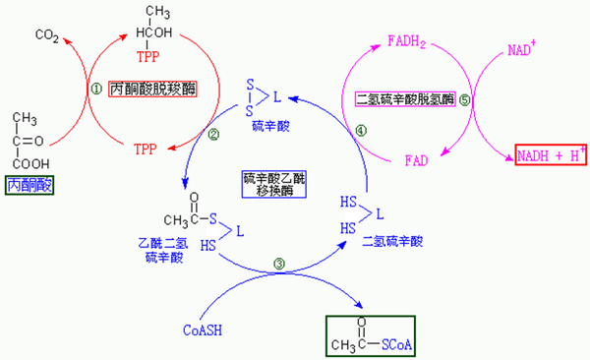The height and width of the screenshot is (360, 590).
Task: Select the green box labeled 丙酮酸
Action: point(31,184)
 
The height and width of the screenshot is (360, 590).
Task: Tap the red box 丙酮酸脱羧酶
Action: point(155,88)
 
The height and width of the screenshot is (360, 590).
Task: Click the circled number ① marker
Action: point(96,88)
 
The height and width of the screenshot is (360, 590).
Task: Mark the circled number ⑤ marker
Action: point(466,99)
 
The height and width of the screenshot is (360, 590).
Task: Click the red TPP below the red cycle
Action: point(145,150)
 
